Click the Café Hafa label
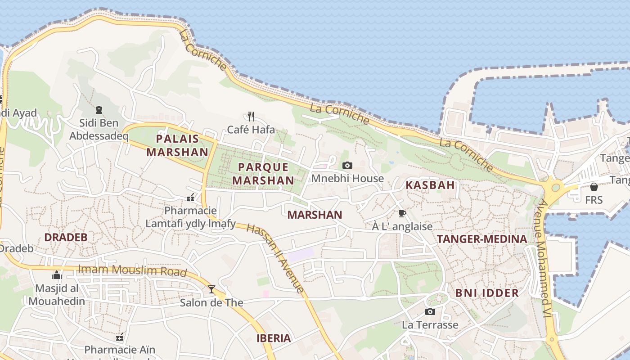pos(251,130)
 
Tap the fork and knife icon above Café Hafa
pos(251,117)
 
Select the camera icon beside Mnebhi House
pos(347,166)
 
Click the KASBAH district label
pos(430,185)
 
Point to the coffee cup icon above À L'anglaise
pos(402,213)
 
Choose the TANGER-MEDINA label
pos(481,239)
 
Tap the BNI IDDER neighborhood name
pos(487,293)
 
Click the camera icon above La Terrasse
pos(430,311)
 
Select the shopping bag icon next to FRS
pos(594,187)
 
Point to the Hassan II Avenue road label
pos(275,258)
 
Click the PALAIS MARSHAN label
pos(177,145)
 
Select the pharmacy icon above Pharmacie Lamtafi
pos(190,198)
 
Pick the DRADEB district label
pos(66,237)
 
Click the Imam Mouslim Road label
pos(132,270)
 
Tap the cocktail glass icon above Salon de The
pos(211,289)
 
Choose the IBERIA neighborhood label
pos(274,338)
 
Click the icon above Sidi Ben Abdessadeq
pos(99,109)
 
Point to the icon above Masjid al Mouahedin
pos(57,275)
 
